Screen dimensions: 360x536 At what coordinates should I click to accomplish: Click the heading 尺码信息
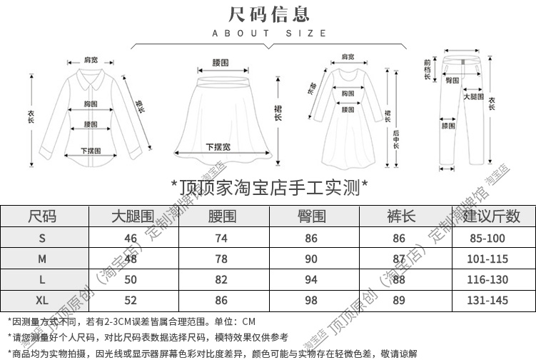pos(268,13)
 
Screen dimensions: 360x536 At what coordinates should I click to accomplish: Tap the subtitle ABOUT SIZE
pos(268,33)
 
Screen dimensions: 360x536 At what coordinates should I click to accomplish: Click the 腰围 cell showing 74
pos(221,238)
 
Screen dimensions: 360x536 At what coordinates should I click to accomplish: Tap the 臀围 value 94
pos(311,279)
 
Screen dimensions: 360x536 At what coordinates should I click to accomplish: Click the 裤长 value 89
pos(400,301)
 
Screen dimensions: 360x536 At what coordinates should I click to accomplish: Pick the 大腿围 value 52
pos(131,301)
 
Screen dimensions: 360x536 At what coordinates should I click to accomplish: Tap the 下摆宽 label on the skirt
pos(218,146)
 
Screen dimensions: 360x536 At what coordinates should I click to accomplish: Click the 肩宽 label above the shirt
pos(91,60)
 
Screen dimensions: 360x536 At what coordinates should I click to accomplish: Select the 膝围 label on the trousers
pos(448,126)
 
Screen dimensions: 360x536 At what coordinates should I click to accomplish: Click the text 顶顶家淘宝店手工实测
pos(270,187)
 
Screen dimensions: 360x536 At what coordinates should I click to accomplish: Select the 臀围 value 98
pos(311,301)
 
